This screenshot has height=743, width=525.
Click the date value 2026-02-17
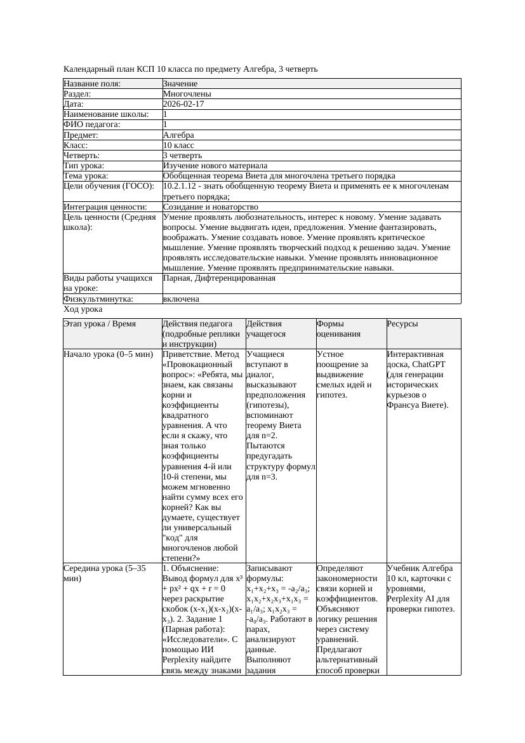pyautogui.click(x=183, y=104)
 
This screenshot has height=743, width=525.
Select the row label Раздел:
pyautogui.click(x=77, y=93)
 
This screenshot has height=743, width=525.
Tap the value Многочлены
pyautogui.click(x=187, y=93)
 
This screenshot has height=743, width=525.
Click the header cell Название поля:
pyautogui.click(x=92, y=83)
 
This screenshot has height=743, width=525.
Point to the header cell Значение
pyautogui.click(x=180, y=83)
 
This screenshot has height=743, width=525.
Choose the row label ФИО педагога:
pyautogui.click(x=92, y=124)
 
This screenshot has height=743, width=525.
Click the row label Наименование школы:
pyautogui.click(x=106, y=114)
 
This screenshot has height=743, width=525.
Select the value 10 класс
pyautogui.click(x=178, y=145)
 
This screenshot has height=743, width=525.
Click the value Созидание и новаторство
pyautogui.click(x=211, y=207)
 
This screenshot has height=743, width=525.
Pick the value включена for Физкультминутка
pyautogui.click(x=181, y=298)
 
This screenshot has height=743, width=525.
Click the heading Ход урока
pyautogui.click(x=83, y=309)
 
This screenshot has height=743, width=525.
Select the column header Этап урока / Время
pyautogui.click(x=100, y=324)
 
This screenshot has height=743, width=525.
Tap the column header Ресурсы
pyautogui.click(x=402, y=324)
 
